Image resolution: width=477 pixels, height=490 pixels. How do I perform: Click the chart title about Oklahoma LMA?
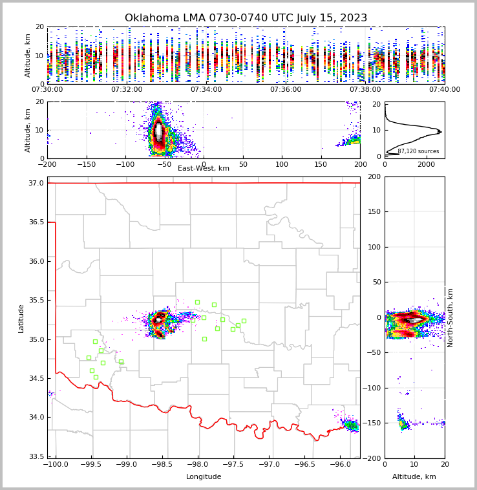tap(246, 18)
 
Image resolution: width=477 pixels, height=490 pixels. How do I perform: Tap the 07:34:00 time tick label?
tap(206, 89)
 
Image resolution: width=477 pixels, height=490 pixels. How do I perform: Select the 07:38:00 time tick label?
tap(365, 89)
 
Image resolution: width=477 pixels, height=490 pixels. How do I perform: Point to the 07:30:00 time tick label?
tap(47, 89)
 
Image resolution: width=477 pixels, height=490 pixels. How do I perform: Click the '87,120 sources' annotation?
tap(418, 151)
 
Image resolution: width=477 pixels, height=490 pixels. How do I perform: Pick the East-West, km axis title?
tap(204, 169)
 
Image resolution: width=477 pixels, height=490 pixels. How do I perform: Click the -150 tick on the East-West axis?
tap(87, 165)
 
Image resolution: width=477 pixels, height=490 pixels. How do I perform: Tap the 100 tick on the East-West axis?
tap(282, 165)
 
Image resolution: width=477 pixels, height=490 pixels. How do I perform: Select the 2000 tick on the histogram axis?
tap(426, 165)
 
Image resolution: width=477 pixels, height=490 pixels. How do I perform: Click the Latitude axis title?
tap(21, 318)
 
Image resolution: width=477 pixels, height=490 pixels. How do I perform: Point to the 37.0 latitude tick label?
tap(36, 184)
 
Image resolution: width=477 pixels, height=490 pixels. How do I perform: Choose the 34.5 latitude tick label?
tap(36, 379)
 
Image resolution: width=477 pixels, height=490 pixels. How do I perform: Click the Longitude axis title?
tap(204, 477)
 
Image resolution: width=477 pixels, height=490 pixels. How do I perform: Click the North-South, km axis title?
tap(450, 317)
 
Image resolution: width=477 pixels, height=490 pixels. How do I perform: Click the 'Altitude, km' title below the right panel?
tap(414, 477)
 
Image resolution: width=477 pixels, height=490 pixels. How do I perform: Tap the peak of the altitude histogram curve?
tap(441, 132)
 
